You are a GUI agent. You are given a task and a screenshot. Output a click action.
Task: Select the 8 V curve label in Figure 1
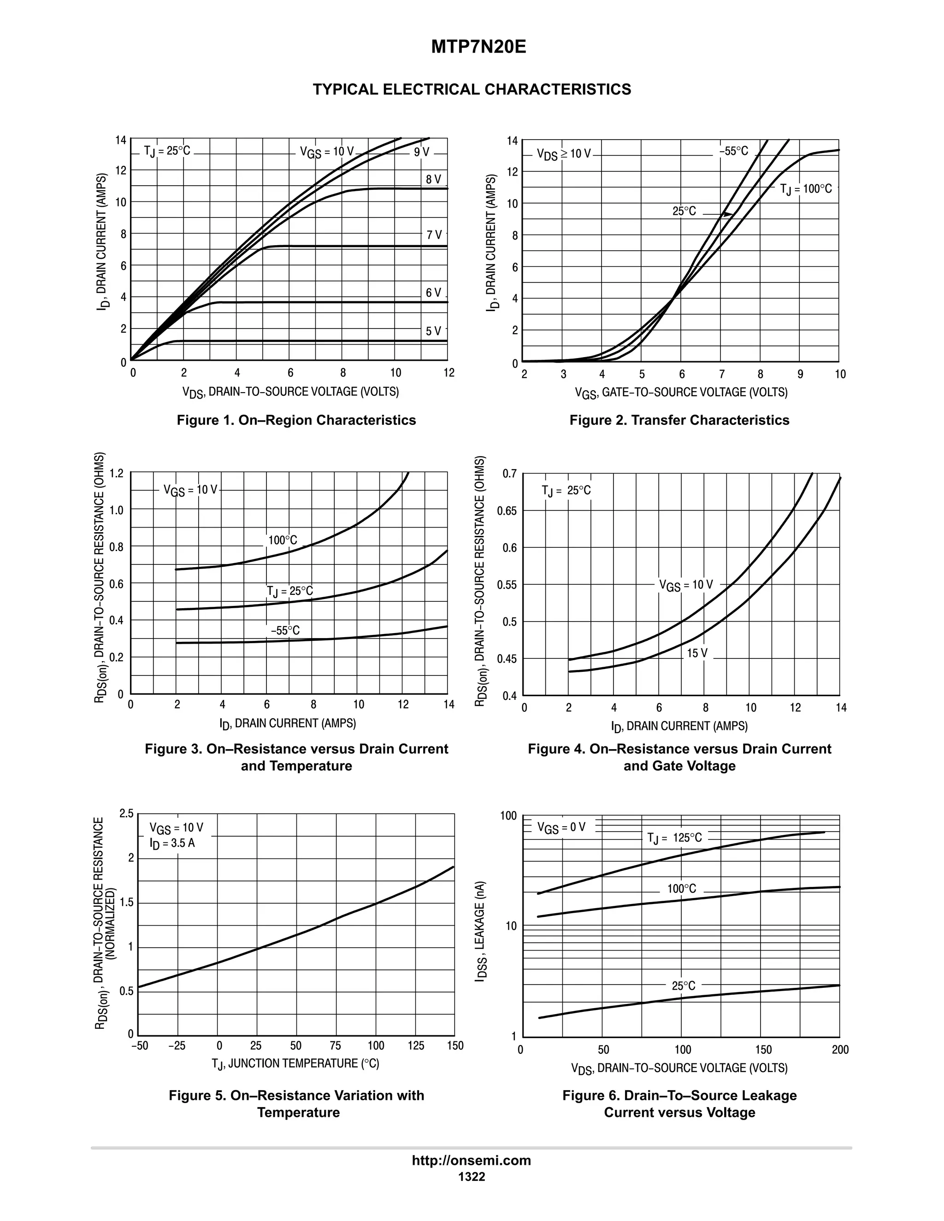tap(433, 179)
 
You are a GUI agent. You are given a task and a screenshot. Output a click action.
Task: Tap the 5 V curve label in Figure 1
tap(433, 331)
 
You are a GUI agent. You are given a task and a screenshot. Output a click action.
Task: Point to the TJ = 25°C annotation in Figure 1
tap(167, 151)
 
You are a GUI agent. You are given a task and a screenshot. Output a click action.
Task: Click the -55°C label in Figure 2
tap(734, 152)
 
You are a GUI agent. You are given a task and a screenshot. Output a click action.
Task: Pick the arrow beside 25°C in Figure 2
tap(718, 214)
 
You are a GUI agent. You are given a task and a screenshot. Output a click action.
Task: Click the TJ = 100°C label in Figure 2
tap(806, 189)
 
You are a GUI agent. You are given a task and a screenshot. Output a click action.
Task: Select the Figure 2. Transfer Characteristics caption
tap(679, 420)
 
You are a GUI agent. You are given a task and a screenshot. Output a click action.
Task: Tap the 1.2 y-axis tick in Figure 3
tap(116, 474)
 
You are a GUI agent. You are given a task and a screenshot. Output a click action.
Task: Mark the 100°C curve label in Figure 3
tap(283, 540)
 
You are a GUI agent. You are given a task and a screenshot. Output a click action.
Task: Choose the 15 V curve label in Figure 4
tap(697, 653)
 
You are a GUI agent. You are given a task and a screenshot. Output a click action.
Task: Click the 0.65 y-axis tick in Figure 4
tap(507, 511)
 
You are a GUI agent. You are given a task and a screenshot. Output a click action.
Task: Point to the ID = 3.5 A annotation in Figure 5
tap(172, 843)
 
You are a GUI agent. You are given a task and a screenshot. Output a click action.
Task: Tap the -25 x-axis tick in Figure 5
tap(177, 1045)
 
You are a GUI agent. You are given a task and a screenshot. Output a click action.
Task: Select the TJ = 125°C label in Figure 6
tap(674, 838)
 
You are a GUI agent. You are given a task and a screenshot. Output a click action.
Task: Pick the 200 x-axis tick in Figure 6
tap(840, 1050)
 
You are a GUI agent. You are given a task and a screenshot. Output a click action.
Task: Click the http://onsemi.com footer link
tap(472, 1160)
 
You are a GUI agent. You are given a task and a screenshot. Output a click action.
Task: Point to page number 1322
tap(472, 1176)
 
